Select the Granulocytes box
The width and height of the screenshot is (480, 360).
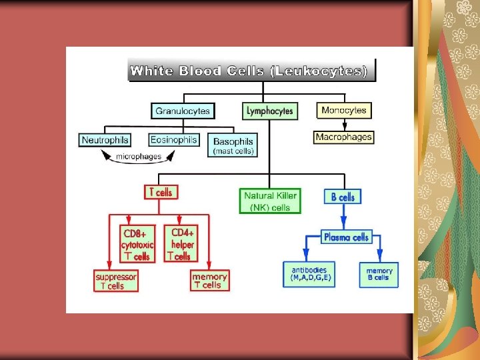pos(182,111)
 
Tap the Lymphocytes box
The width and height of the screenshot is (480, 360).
pos(269,111)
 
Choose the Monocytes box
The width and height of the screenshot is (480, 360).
pos(344,110)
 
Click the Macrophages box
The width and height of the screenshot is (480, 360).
pos(344,137)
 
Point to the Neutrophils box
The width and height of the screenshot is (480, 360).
pos(105,140)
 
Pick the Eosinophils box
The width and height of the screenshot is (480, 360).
pos(173,140)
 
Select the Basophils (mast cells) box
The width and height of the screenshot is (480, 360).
pos(233,145)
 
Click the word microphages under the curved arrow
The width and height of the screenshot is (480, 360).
pos(139,157)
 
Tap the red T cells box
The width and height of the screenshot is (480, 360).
pos(161,192)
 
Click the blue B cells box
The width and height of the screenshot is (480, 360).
pos(343,197)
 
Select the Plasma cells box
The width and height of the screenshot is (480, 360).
pos(345,237)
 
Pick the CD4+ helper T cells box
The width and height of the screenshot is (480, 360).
pos(181,244)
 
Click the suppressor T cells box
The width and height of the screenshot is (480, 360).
pos(117,281)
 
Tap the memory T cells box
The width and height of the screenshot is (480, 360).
pos(210,281)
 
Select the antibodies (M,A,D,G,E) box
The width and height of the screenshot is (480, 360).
pos(309,273)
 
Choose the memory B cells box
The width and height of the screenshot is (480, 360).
pos(379,274)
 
